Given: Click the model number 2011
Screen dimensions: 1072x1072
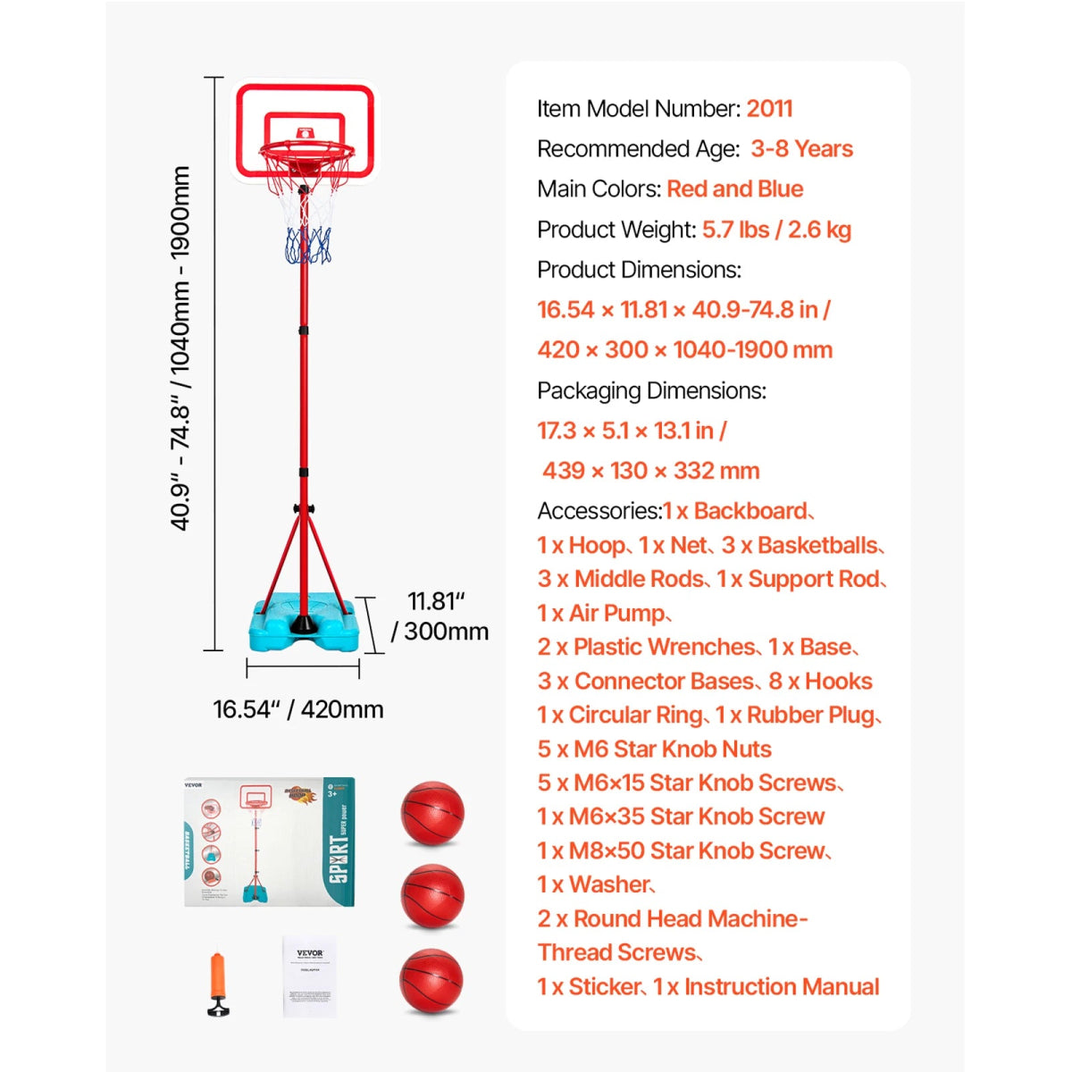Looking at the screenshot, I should pos(769,109).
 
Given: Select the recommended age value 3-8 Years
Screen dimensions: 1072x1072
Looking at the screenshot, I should pos(801,149).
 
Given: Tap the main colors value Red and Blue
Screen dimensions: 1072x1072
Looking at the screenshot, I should pos(734,189).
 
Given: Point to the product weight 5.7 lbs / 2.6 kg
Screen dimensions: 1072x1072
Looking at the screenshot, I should pos(775,230).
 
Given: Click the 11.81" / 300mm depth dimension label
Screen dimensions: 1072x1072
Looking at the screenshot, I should pos(440,616).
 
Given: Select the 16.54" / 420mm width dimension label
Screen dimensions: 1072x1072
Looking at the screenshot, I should pos(297,709).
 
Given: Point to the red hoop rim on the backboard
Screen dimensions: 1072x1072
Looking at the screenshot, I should pos(306,152).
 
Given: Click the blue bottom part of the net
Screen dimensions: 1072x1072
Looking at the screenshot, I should pos(307,246).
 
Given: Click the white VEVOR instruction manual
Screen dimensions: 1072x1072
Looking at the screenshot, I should pos(309,976).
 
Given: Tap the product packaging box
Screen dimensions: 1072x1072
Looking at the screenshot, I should pos(269,842).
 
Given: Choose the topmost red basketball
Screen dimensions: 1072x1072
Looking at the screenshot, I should pos(432,814).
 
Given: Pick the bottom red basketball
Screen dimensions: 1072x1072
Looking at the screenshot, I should pos(431,980).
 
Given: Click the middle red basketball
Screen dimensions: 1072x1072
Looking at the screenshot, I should pos(432,896).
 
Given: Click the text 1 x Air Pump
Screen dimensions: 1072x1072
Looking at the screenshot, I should pos(603,614).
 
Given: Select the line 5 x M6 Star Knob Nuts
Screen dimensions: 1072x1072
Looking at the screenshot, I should pos(654,750).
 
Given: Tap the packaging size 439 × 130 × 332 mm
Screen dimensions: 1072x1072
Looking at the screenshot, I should pos(650,471).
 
